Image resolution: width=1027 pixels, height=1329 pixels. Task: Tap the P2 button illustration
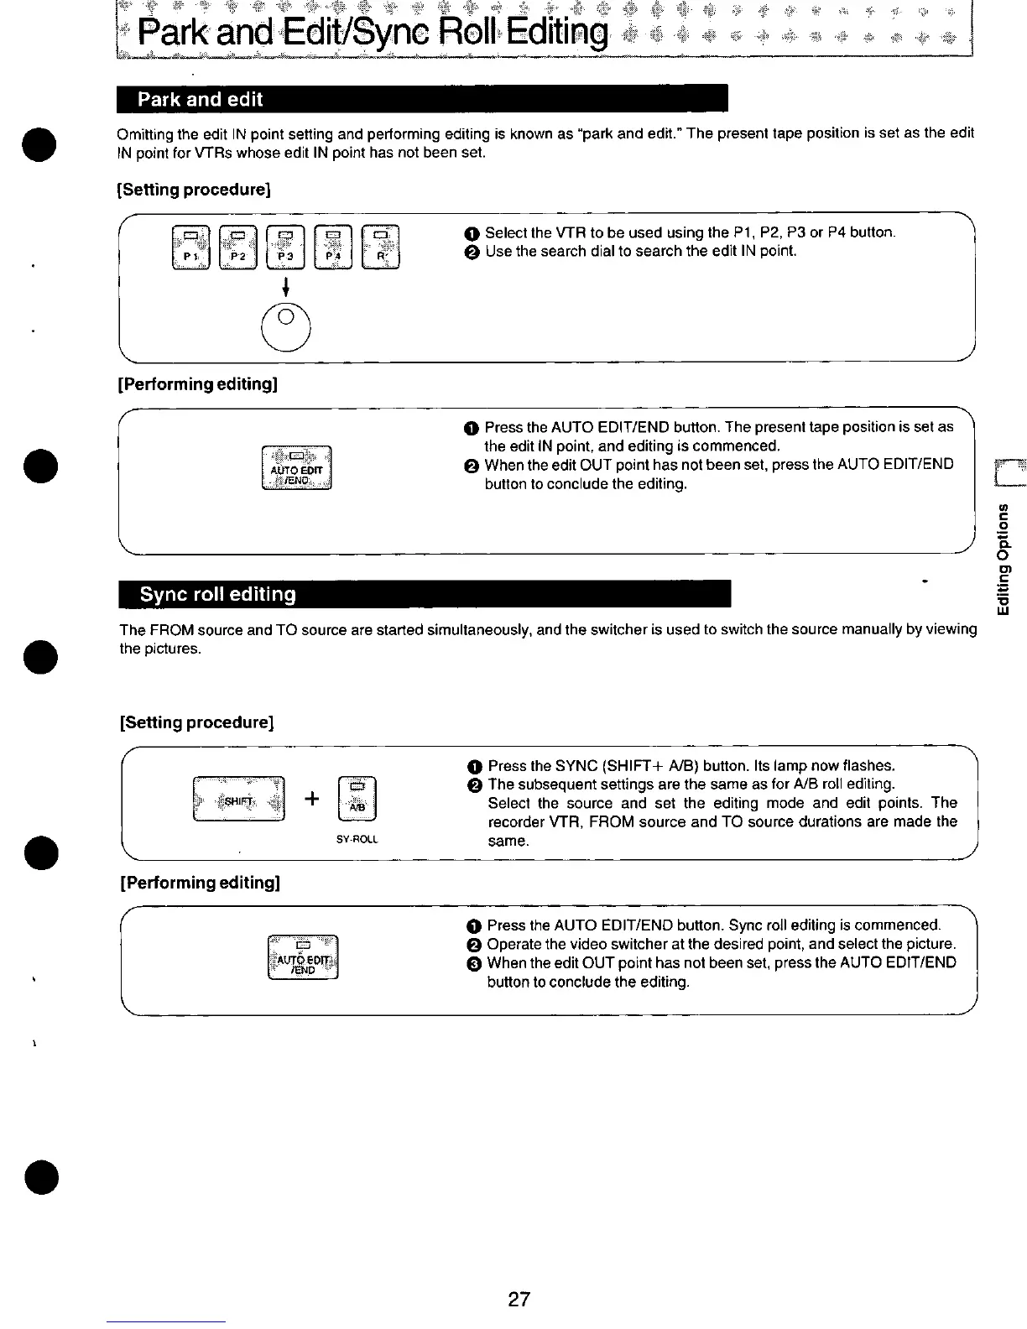point(238,247)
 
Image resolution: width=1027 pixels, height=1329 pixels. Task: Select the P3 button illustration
point(286,247)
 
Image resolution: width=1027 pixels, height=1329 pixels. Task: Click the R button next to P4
point(381,247)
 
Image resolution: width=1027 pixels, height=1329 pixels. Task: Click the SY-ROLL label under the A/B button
point(357,839)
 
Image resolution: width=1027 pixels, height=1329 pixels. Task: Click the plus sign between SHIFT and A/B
point(311,799)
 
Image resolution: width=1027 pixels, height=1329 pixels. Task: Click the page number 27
point(519,1300)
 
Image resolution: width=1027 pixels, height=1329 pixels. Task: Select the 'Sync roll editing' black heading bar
point(425,594)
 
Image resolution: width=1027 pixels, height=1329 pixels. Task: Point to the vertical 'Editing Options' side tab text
point(1004,559)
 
